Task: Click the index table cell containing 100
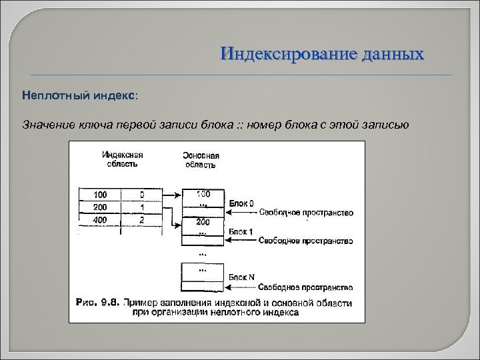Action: (x=100, y=195)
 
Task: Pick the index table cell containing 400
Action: (x=100, y=219)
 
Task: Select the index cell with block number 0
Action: (x=142, y=195)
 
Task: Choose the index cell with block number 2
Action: (x=142, y=219)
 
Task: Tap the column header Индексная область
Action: (x=122, y=159)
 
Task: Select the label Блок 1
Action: (x=241, y=230)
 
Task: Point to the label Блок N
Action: (x=241, y=277)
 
